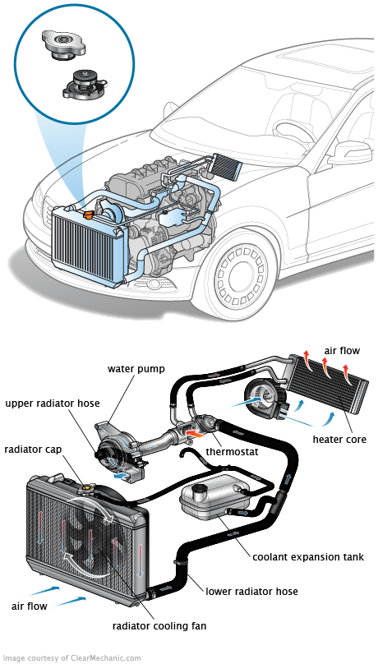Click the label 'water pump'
tap(131, 368)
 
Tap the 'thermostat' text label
tap(232, 451)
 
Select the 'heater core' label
tap(339, 439)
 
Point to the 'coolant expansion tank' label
tap(308, 556)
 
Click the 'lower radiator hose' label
tap(251, 591)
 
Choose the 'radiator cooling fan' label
tap(159, 625)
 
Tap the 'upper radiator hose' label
tap(53, 403)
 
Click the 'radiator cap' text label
tap(33, 449)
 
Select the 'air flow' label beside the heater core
tap(342, 351)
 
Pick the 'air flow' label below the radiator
tap(30, 606)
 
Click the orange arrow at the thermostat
tap(195, 434)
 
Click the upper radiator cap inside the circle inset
tap(64, 44)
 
